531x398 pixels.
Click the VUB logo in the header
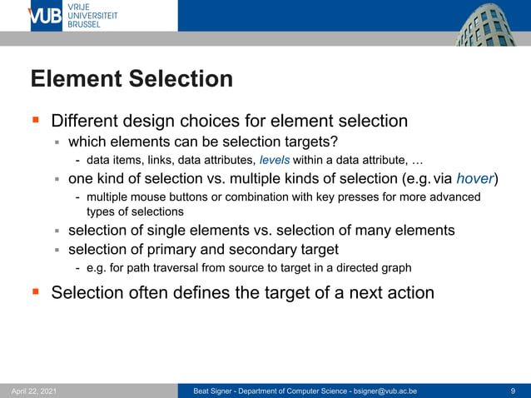tap(46, 16)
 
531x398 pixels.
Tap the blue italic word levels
tap(275, 160)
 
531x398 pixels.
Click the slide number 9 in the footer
tap(513, 391)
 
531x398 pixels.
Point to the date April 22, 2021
tap(34, 391)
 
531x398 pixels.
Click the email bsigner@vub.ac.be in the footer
tap(385, 391)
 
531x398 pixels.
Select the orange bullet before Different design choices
tap(36, 121)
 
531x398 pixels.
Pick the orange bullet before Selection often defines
tap(36, 292)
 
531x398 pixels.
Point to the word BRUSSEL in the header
tap(84, 25)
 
